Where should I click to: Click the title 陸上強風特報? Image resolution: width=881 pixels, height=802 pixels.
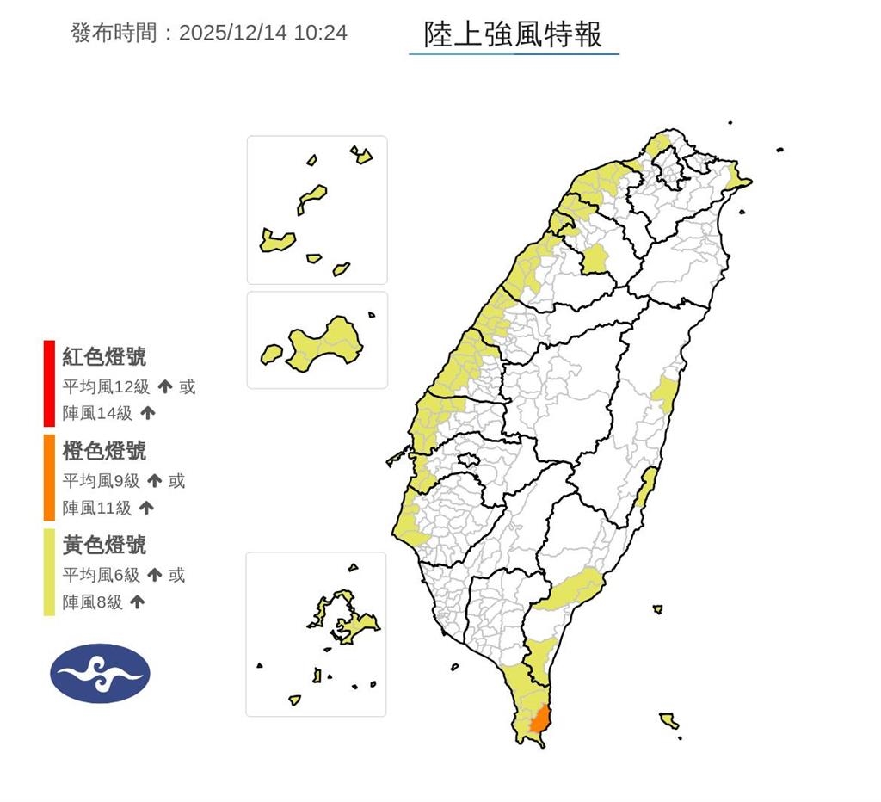coord(514,34)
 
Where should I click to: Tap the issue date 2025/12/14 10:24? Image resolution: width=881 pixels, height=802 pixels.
coord(262,33)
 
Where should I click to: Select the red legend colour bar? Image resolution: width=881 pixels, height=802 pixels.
coord(49,383)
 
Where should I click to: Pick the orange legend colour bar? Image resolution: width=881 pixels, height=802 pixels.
coord(49,478)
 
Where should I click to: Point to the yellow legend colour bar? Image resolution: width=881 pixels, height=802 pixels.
coord(49,572)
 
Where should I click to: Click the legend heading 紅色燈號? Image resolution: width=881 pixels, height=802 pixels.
coord(104,356)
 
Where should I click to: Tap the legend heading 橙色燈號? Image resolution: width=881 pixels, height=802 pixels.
coord(104,450)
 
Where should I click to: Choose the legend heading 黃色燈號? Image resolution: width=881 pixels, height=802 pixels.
coord(104,545)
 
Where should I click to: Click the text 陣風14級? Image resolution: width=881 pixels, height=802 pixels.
coord(97,413)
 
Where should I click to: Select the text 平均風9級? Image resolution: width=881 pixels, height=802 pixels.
coord(99,481)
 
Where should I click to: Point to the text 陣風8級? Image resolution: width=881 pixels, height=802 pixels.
coord(92,602)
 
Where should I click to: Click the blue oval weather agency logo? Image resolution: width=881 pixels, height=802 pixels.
coord(100,673)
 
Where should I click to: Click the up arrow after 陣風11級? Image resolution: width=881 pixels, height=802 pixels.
coord(146,508)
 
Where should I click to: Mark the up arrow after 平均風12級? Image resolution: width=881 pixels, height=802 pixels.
coord(165,387)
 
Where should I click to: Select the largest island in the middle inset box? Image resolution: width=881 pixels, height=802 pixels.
coord(325,344)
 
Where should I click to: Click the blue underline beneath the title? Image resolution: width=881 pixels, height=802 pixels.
coord(514,54)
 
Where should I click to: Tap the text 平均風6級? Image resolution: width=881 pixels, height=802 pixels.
coord(99,575)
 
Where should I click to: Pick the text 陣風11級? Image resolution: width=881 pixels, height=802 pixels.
coord(97,508)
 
